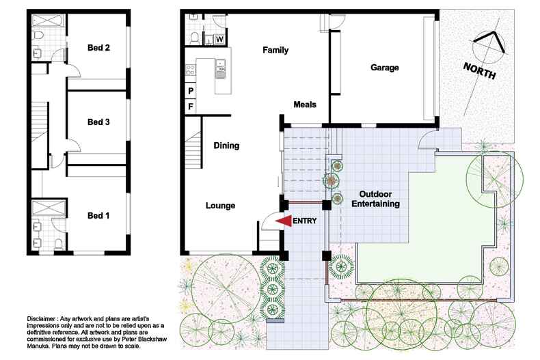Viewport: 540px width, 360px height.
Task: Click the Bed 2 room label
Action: point(98,48)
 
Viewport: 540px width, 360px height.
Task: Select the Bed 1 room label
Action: point(98,216)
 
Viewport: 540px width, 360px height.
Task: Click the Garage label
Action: point(384,68)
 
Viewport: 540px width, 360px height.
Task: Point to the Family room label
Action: point(276,50)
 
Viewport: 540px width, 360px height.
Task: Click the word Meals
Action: point(304,105)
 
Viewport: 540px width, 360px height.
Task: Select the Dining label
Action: point(226,146)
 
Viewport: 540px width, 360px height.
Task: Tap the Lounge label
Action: point(221,206)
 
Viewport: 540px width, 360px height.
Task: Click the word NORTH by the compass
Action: point(479,71)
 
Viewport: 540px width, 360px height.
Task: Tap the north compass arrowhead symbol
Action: point(490,42)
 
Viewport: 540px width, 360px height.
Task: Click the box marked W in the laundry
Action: point(219,39)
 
